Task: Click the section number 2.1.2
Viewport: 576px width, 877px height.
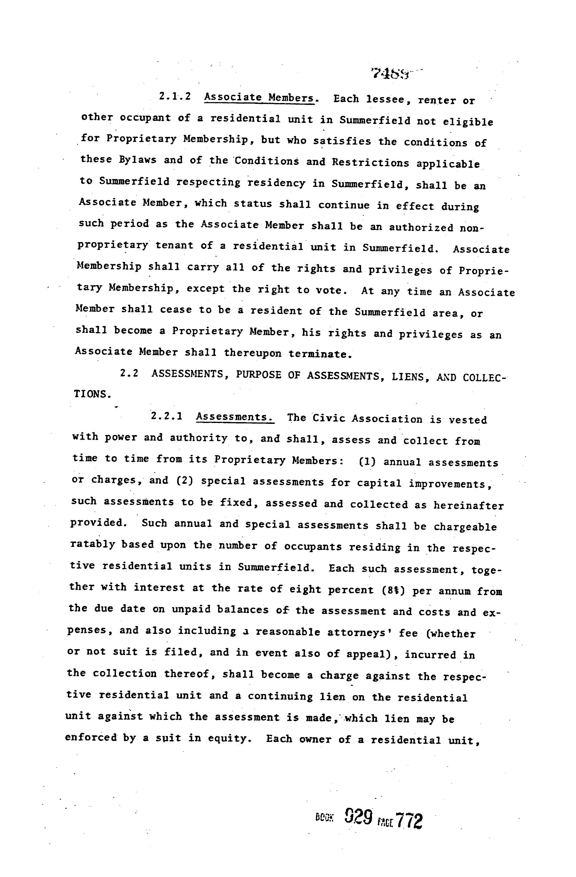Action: point(175,97)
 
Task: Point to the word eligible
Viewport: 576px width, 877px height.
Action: point(468,122)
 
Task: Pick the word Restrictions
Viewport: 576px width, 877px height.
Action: point(370,163)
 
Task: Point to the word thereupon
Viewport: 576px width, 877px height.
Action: point(253,353)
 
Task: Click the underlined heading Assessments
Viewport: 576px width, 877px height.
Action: point(235,417)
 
